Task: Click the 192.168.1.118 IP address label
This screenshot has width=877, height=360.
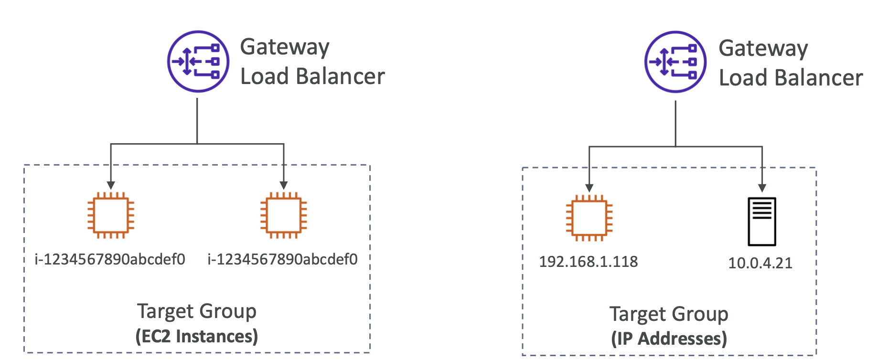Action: [588, 262]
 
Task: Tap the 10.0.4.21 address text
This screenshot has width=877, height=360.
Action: [760, 263]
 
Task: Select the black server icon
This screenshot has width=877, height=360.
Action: [761, 222]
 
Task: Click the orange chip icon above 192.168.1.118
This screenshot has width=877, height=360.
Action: [589, 218]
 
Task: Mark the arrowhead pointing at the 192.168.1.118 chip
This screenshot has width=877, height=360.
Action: [589, 188]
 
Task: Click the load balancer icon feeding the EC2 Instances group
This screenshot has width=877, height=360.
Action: [198, 61]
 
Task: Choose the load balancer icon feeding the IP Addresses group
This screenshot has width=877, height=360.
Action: [675, 62]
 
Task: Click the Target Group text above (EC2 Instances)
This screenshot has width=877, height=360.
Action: [197, 311]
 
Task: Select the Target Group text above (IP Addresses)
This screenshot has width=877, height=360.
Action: [669, 314]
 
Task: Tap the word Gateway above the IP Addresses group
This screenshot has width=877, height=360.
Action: [763, 49]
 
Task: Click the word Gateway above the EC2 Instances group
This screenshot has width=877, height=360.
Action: [285, 48]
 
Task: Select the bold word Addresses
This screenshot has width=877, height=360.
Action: [682, 339]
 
